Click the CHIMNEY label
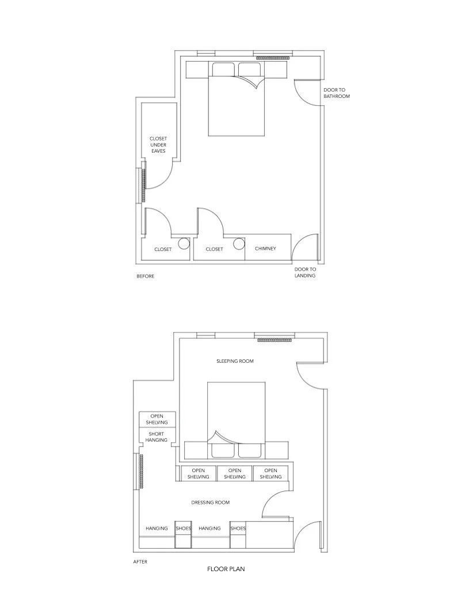click(x=265, y=249)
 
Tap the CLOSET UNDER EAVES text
click(x=158, y=145)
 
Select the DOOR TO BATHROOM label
click(x=337, y=93)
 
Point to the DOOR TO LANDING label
click(x=305, y=272)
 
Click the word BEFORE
click(x=146, y=276)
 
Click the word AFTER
click(x=140, y=561)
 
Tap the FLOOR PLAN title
click(x=226, y=569)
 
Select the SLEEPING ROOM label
click(x=235, y=361)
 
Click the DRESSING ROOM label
click(x=211, y=503)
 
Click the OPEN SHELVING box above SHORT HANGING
click(x=157, y=419)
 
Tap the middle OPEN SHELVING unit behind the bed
click(x=235, y=473)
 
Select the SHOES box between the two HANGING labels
click(x=184, y=534)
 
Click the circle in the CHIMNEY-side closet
click(x=239, y=244)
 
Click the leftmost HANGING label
click(x=157, y=528)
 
